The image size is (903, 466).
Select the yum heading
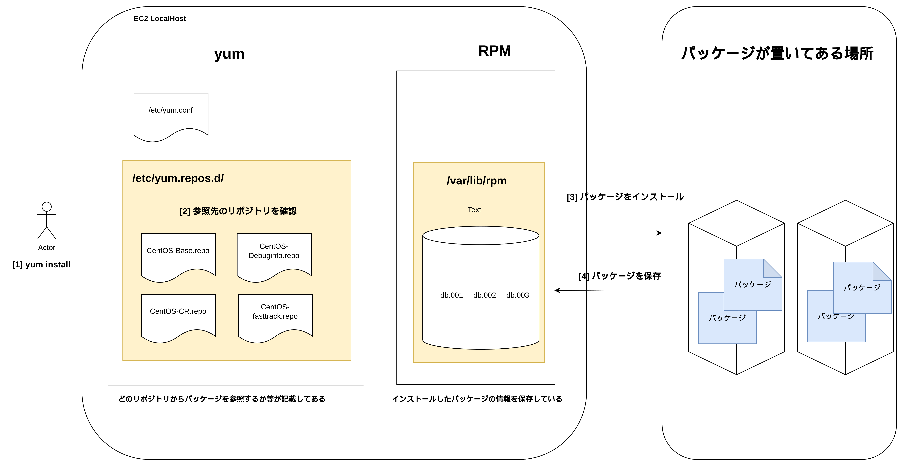[x=229, y=54]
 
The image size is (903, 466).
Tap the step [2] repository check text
[x=238, y=211]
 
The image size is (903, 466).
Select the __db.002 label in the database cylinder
[x=484, y=295]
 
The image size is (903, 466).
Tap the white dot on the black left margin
[x=47, y=207]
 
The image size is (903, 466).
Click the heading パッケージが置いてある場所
[x=777, y=54]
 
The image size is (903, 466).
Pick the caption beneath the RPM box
[x=477, y=399]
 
